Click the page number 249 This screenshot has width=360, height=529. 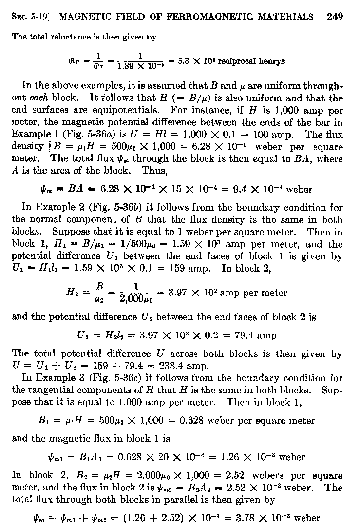335,17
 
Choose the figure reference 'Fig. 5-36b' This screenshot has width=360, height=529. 106,209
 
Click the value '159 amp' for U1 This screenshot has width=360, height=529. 197,267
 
